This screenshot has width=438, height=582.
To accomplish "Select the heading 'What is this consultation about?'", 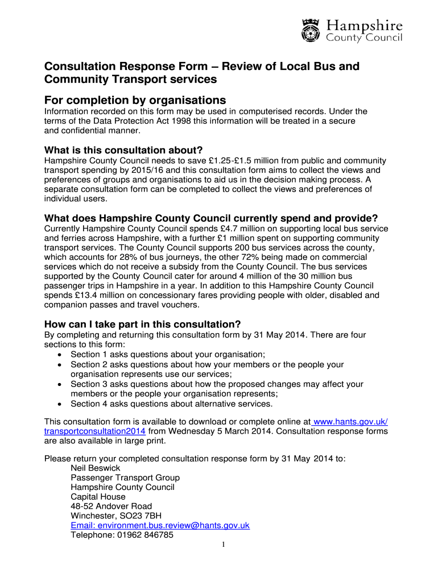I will pos(123,150).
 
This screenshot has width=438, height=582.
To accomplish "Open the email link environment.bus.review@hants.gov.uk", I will pos(160,525).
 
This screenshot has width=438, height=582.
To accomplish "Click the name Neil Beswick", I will pos(95,468).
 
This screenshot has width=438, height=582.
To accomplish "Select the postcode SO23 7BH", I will pos(138,516).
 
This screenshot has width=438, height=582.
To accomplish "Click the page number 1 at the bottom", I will pos(224,546).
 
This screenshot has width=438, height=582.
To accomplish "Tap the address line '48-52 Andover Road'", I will pos(111,506).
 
